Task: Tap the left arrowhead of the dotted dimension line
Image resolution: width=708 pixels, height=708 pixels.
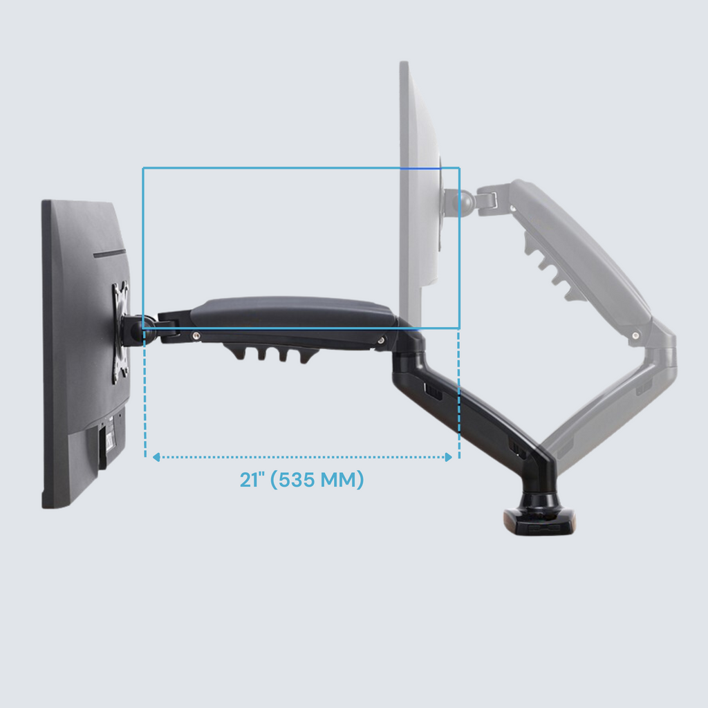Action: (156, 457)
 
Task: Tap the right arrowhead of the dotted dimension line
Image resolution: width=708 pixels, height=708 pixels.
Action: (449, 457)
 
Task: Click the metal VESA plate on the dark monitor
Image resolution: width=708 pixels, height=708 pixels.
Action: (121, 332)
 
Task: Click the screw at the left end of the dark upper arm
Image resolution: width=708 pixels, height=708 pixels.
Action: (197, 335)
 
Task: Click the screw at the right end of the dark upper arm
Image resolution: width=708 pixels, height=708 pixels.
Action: (381, 339)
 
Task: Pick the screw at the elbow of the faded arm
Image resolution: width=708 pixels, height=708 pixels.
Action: (635, 335)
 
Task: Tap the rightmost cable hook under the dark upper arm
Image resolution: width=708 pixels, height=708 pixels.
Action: (303, 355)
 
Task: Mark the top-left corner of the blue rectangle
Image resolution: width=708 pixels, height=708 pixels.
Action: (143, 168)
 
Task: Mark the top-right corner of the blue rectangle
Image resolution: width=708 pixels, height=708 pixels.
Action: (459, 168)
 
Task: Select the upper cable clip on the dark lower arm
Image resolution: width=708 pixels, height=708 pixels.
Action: (432, 391)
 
